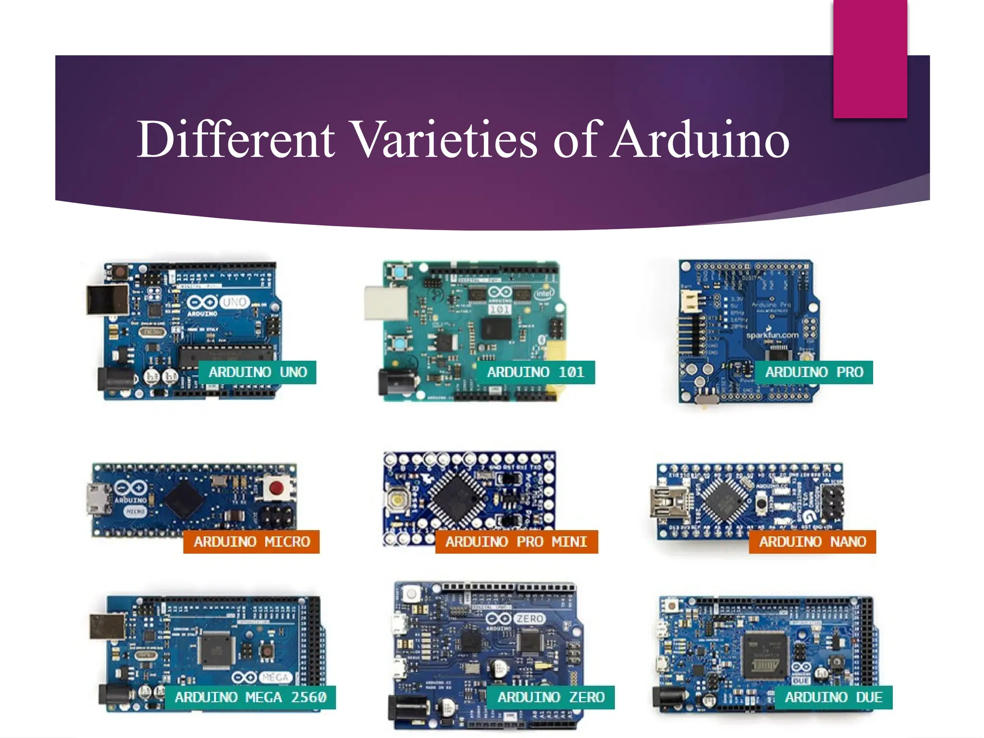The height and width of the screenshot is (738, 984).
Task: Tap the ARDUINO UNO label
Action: (258, 372)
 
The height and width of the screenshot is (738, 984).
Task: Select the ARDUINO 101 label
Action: (535, 372)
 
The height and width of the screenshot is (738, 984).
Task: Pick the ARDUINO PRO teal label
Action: (814, 372)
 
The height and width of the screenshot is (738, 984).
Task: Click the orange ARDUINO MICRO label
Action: (251, 542)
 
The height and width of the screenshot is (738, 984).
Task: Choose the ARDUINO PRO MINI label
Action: (516, 542)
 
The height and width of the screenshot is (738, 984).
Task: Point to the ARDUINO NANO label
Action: (812, 542)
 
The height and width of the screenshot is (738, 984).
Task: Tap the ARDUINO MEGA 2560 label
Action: (250, 697)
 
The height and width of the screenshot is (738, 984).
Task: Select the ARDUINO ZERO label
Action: (550, 697)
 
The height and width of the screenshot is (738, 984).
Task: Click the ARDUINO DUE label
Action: (833, 697)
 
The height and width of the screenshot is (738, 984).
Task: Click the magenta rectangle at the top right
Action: (870, 59)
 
